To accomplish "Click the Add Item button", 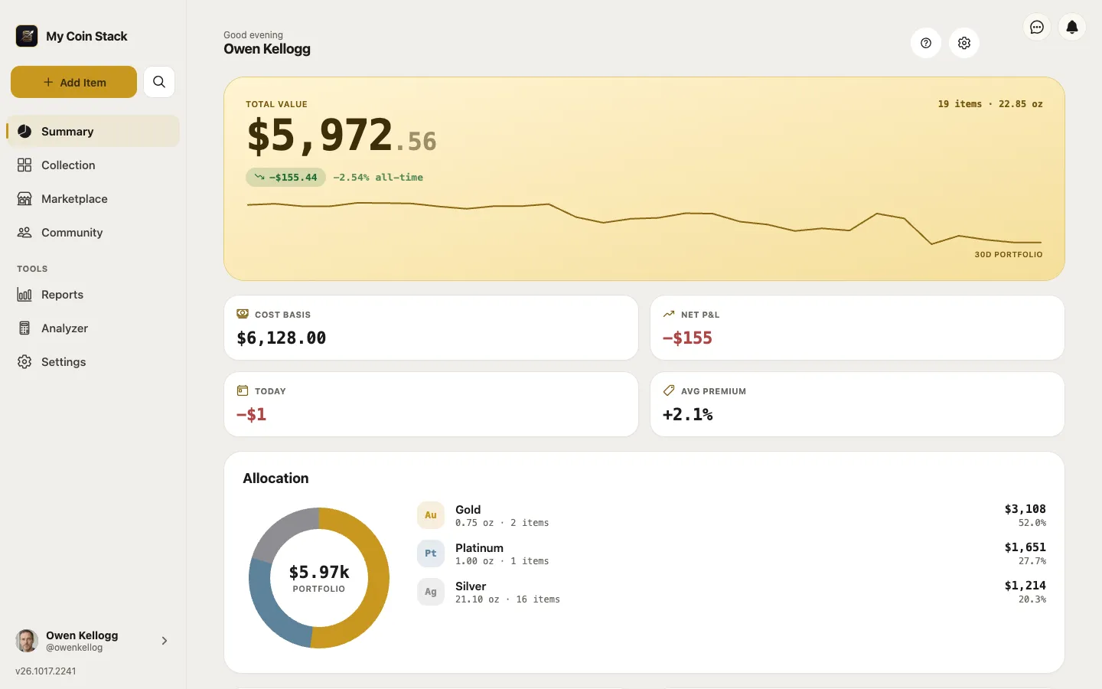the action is [x=73, y=82].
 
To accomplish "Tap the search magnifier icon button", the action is [x=159, y=82].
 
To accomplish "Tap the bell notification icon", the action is [x=1072, y=27].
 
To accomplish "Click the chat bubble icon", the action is [x=1037, y=27].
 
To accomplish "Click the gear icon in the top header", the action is [x=964, y=44].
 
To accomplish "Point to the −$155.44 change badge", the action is [x=286, y=177].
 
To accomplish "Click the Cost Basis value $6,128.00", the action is [x=282, y=338].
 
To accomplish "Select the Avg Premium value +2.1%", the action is [x=688, y=414].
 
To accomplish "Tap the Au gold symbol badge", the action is [x=430, y=514].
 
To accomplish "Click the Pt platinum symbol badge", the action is [x=430, y=553].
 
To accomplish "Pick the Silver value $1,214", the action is [x=1025, y=585].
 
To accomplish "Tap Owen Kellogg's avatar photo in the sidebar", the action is [x=27, y=641].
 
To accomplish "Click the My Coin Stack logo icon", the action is [x=27, y=36].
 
